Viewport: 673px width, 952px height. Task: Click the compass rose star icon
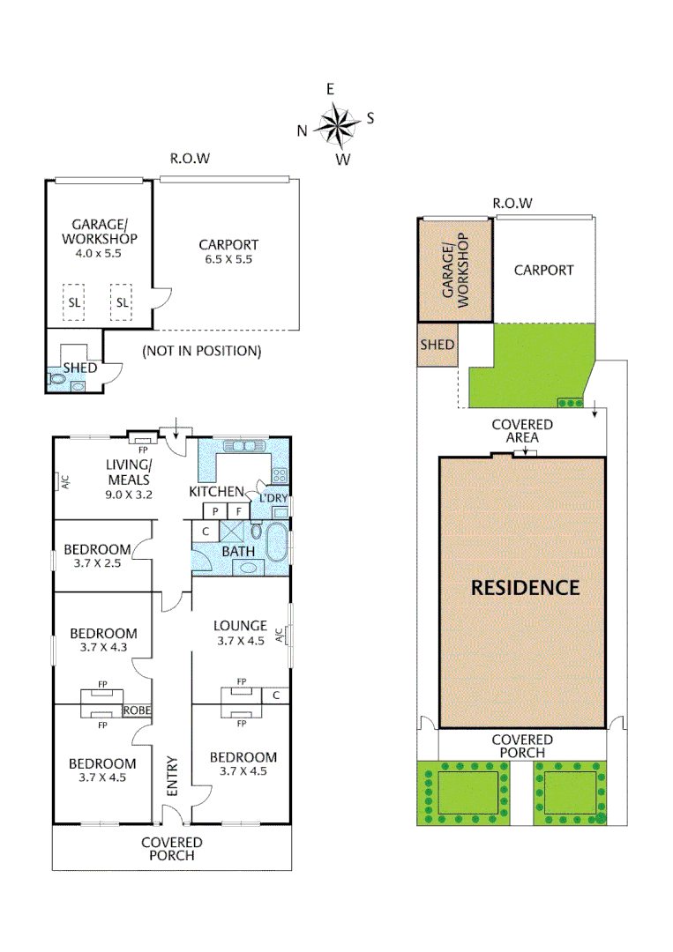coord(335,124)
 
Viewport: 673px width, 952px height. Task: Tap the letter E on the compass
coord(331,89)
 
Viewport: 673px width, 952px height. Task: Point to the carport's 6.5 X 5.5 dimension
coord(228,259)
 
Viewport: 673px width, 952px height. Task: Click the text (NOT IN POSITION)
coord(202,351)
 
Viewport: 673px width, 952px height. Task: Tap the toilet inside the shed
coord(57,380)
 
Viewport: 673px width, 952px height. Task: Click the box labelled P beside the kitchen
coord(215,511)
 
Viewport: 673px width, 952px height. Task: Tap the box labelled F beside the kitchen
coord(239,511)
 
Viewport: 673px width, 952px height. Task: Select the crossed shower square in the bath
coord(233,532)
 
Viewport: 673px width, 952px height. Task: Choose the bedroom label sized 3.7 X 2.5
coord(97,555)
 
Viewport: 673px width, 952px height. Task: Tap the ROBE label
coord(136,710)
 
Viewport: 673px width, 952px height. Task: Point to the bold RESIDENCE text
coord(525,588)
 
